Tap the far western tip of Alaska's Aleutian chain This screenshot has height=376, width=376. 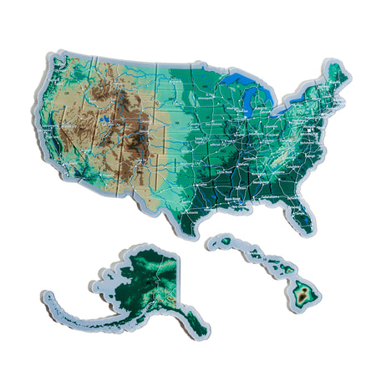[x=46, y=295]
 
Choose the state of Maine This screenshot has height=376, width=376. [x=336, y=75]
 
